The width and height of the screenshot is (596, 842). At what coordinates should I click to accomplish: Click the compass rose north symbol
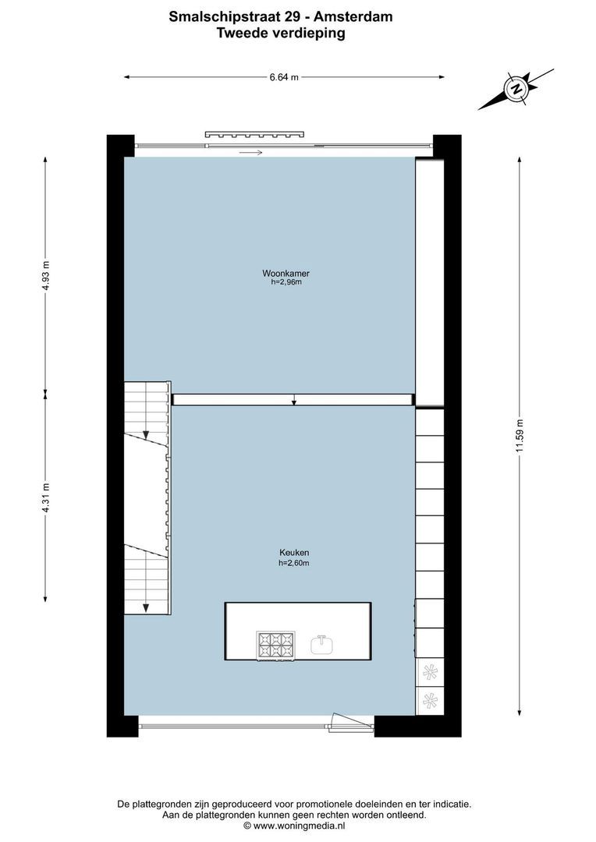516,89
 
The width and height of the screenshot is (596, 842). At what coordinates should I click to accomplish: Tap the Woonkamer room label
281,274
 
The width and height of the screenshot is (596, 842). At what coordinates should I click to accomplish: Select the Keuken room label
289,553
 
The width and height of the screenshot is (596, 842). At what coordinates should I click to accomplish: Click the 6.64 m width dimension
284,77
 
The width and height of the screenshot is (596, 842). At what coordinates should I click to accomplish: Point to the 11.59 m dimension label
519,439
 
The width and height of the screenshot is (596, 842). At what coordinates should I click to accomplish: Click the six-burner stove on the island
275,644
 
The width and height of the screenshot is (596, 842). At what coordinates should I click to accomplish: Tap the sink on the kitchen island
321,644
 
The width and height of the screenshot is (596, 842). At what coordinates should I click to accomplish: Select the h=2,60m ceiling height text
289,563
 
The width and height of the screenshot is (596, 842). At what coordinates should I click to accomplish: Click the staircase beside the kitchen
147,499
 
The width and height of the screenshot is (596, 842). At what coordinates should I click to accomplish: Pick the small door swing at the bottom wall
342,722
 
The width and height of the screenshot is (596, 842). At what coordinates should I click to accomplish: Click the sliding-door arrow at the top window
251,152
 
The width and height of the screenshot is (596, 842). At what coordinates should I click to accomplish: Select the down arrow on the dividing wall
293,400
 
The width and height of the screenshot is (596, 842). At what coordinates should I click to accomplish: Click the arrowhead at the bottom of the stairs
146,607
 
